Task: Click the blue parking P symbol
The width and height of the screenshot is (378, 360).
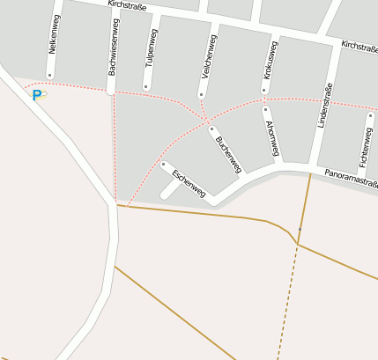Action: [36, 95]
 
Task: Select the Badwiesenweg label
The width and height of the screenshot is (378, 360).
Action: [112, 44]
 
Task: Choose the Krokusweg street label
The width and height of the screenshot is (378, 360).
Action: [270, 62]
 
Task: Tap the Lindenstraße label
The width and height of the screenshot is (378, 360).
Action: [322, 105]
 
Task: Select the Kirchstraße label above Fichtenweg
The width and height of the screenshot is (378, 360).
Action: [358, 46]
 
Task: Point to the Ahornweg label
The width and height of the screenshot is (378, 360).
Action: [271, 138]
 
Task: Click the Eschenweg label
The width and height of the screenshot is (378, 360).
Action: [189, 182]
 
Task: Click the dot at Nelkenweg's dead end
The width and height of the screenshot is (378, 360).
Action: [49, 77]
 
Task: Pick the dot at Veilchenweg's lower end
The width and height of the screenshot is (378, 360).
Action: [201, 94]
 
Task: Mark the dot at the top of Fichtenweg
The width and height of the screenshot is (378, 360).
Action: [370, 114]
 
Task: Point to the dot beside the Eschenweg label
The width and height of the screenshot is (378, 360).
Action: [163, 164]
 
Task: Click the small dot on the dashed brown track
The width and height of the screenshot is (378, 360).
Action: [300, 229]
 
